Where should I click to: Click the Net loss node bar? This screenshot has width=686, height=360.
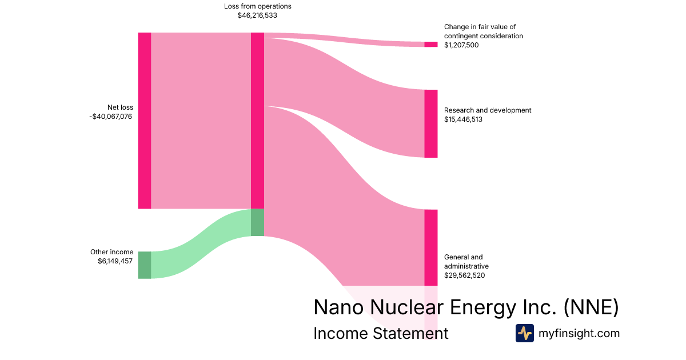[x=144, y=121]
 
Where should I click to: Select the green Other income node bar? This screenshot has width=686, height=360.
[x=144, y=265]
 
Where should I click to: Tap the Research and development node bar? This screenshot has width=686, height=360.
[x=430, y=123]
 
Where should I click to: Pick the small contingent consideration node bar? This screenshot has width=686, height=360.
[x=430, y=45]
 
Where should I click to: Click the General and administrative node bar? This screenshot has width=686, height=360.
[x=430, y=247]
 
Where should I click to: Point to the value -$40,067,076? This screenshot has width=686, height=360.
[x=111, y=117]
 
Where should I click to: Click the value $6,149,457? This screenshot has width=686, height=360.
[x=115, y=261]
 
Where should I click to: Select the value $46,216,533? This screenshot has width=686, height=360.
[x=257, y=15]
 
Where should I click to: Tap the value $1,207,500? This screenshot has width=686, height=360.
[x=461, y=45]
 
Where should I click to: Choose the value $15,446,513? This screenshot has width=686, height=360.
[x=463, y=119]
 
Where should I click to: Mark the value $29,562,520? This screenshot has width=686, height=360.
[x=464, y=275]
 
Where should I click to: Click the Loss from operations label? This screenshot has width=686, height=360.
[x=257, y=6]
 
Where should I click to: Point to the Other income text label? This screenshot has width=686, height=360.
[x=111, y=252]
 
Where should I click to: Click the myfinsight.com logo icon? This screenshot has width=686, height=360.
[x=524, y=333]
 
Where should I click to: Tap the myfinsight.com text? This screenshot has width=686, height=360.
[x=579, y=333]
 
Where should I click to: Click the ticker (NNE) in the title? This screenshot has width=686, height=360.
[x=591, y=307]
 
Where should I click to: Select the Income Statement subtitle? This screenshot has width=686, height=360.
[x=381, y=333]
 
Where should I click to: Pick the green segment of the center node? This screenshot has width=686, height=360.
[x=257, y=222]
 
